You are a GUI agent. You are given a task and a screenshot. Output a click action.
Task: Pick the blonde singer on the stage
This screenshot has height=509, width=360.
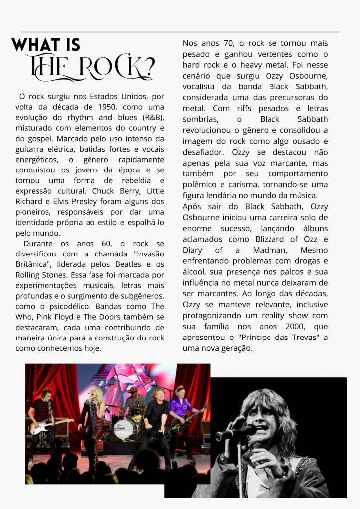93,420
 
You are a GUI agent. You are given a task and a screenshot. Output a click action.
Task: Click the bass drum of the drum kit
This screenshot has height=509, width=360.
123,429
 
